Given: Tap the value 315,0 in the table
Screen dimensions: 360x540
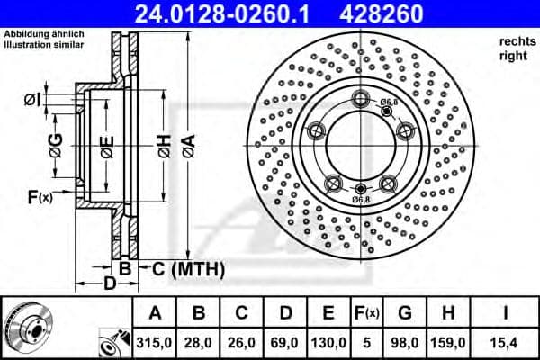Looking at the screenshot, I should [155, 343].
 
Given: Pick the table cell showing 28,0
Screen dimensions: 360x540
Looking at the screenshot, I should [199, 343].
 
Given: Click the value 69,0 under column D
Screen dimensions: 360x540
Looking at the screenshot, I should [285, 343].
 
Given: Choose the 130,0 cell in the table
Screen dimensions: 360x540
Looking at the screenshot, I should [328, 343].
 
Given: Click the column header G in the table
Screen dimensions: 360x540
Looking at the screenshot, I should [405, 313].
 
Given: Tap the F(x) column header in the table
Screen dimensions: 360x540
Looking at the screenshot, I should [367, 313].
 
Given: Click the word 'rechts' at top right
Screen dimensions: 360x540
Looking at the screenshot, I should [514, 41].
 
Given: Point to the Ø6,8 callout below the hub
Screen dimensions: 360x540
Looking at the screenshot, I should [360, 199].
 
